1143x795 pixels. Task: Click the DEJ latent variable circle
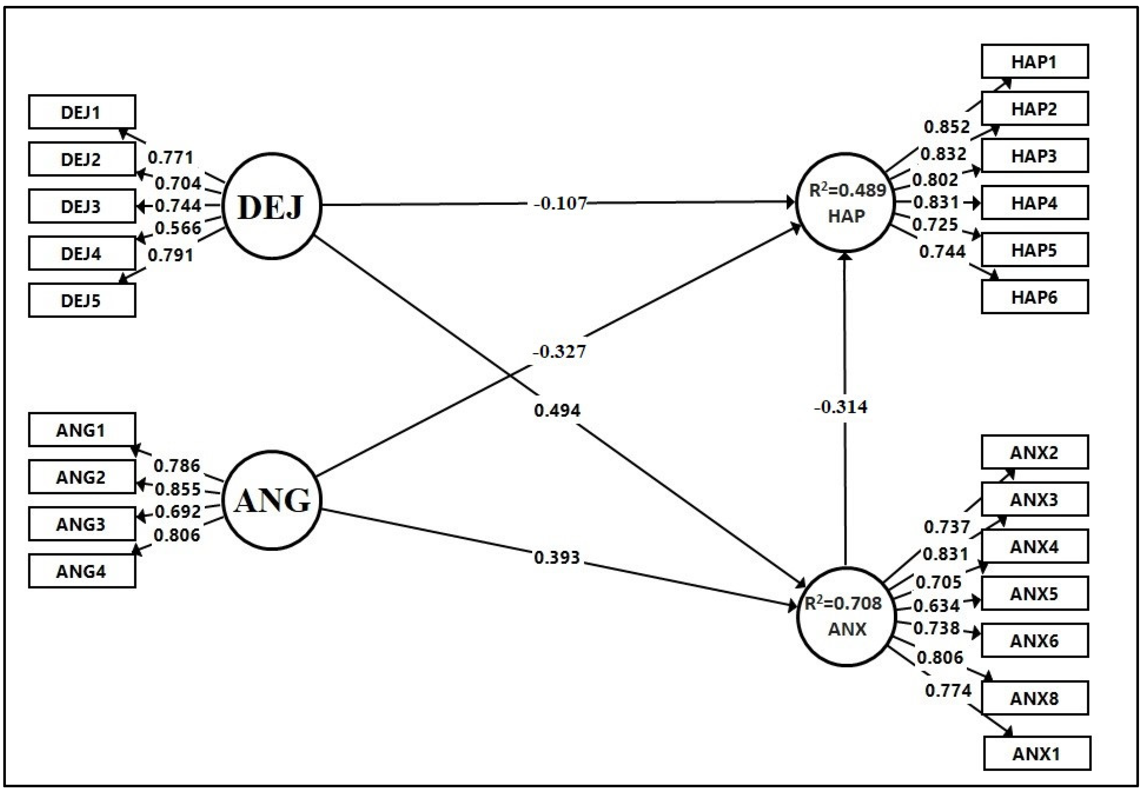(x=271, y=206)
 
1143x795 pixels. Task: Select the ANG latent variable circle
(x=271, y=499)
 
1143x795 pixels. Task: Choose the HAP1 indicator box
(x=1034, y=62)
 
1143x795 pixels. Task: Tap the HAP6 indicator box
(x=1034, y=297)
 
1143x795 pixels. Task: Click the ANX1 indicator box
(x=1037, y=753)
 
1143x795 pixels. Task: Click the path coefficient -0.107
(x=560, y=204)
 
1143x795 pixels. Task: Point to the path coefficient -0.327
(x=559, y=352)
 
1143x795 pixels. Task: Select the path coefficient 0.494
(x=557, y=410)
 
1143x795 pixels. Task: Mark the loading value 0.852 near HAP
(x=947, y=127)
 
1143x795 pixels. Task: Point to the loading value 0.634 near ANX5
(x=936, y=605)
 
